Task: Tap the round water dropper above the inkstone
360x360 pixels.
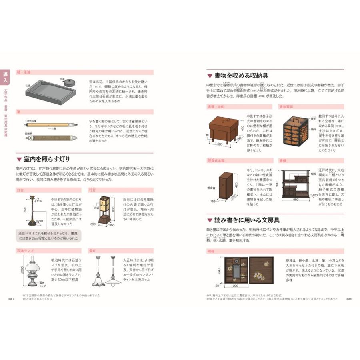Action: pos(70,82)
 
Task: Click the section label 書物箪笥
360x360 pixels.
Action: pos(287,107)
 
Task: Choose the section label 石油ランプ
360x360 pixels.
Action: pos(25,250)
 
